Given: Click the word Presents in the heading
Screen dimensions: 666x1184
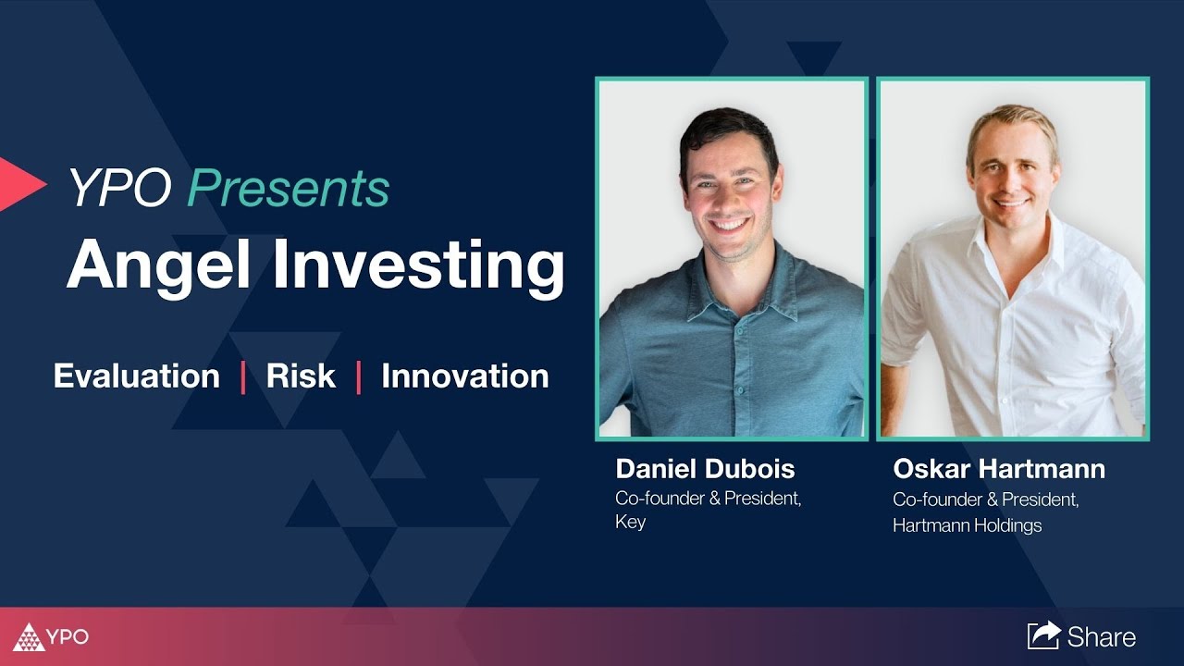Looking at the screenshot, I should coord(289,189).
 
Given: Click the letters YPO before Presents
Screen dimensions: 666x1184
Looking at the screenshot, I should coord(118,189).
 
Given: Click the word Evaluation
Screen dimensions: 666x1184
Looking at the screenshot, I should coord(137,376).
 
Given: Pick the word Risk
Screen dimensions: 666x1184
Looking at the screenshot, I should coord(301,376).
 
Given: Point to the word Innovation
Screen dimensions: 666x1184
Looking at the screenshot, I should coord(464,376).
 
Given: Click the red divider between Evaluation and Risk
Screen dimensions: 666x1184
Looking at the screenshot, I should coord(243,377).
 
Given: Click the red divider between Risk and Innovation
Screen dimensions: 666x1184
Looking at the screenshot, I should coord(359,377).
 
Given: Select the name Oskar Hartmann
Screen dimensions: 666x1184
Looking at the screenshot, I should coord(998,468).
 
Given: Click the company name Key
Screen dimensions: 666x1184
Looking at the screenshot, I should coord(630,522).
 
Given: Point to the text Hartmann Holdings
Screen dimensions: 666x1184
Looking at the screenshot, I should coord(967,525).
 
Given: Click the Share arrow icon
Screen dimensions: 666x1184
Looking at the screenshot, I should coord(1043,635).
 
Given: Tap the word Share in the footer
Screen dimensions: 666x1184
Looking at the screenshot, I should coord(1101,636).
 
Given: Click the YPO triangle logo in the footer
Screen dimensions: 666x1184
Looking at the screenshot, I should coord(30,637).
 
